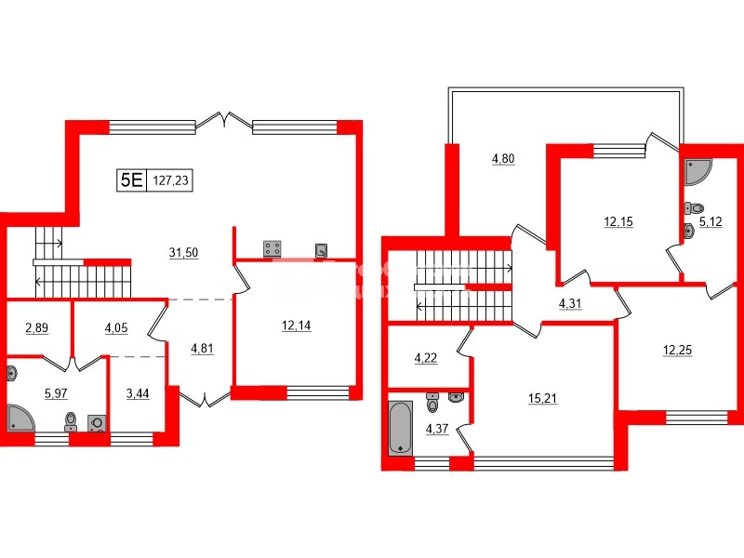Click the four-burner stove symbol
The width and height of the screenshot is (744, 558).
pos(273,247)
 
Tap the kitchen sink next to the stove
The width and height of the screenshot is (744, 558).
pos(322,248)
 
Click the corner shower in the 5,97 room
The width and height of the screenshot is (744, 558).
pos(20,418)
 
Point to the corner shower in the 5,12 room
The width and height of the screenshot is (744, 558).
pos(697,171)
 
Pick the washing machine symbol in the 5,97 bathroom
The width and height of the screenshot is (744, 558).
pos(96,422)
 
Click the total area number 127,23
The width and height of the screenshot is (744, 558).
pos(170,181)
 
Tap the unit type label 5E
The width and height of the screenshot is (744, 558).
pos(130,180)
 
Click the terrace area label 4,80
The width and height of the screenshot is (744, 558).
pos(502,158)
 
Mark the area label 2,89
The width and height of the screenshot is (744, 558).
pos(37,327)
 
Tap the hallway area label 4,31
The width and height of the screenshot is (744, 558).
pos(570,302)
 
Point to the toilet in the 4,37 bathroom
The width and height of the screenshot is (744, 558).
pos(432,403)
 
